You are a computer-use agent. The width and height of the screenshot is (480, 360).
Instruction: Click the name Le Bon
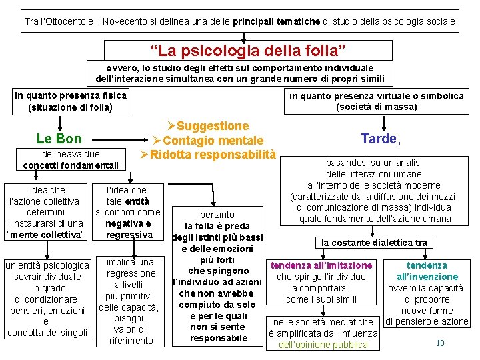(59, 139)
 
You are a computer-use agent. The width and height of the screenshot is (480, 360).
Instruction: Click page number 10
(440, 343)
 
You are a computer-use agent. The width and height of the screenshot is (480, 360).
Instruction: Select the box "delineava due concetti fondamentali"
(71, 159)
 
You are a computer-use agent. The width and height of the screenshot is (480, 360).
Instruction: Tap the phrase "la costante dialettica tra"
(374, 243)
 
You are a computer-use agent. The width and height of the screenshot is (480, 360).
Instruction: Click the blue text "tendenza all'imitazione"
(321, 265)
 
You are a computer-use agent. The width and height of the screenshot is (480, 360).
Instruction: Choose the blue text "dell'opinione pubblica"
(323, 345)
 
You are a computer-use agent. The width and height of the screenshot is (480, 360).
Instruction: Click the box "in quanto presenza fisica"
(71, 101)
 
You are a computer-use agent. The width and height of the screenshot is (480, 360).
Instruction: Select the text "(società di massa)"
(377, 107)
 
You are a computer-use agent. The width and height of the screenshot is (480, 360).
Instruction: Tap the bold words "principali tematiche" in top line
(275, 21)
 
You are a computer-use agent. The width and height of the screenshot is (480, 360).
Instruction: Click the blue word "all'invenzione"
(427, 277)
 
